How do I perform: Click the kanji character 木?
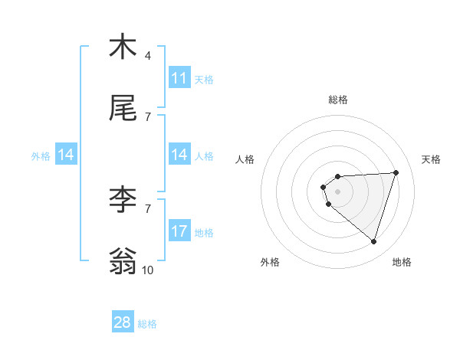pyautogui.click(x=123, y=47)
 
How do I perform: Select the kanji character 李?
pyautogui.click(x=123, y=199)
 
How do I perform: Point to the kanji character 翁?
pyautogui.click(x=123, y=261)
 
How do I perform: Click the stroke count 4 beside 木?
pyautogui.click(x=148, y=55)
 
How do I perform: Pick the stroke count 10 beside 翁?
pyautogui.click(x=148, y=270)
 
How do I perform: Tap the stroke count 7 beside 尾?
pyautogui.click(x=148, y=117)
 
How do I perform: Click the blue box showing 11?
pyautogui.click(x=179, y=78)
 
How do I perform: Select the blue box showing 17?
pyautogui.click(x=179, y=231)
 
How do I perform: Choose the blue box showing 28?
pyautogui.click(x=123, y=322)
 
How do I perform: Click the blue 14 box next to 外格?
pyautogui.click(x=66, y=155)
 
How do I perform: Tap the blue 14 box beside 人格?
pyautogui.click(x=179, y=155)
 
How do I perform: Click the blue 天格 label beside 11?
pyautogui.click(x=204, y=79)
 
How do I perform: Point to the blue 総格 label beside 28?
pyautogui.click(x=147, y=323)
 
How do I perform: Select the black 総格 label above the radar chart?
pyautogui.click(x=338, y=100)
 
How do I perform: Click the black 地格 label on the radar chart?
pyautogui.click(x=402, y=262)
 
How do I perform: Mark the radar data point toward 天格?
pyautogui.click(x=396, y=172)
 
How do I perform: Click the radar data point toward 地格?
pyautogui.click(x=373, y=241)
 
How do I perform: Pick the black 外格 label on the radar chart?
pyautogui.click(x=270, y=262)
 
